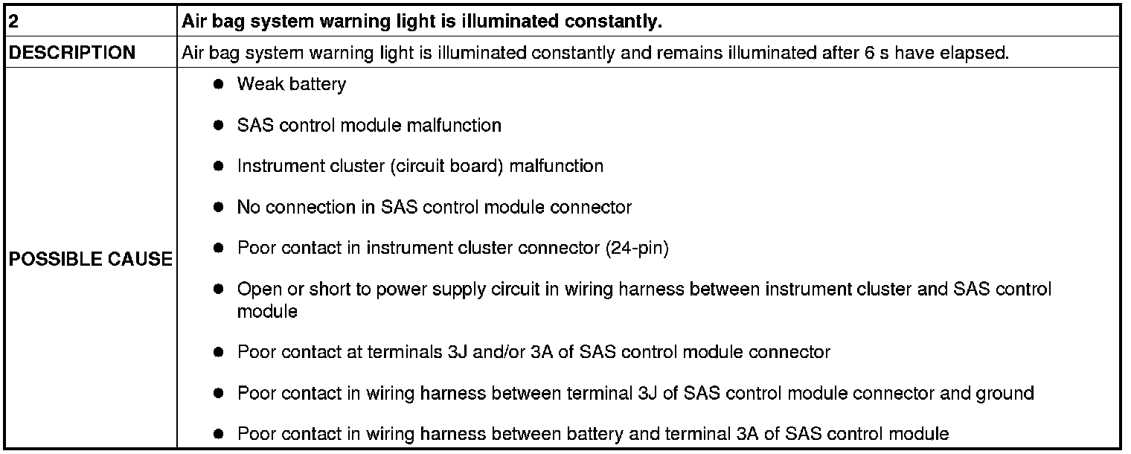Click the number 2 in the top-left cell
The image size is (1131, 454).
(x=13, y=22)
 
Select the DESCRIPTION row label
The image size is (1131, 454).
(x=72, y=53)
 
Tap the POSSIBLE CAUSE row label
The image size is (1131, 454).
(x=90, y=259)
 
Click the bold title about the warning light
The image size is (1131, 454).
(x=422, y=22)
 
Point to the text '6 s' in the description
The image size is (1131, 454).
(x=879, y=54)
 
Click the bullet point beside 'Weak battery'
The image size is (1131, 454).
(x=219, y=85)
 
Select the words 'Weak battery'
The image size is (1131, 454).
(x=292, y=85)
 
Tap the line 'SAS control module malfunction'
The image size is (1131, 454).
(x=369, y=126)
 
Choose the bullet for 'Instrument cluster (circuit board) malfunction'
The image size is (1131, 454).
(x=219, y=167)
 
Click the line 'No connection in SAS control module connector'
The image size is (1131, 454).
(x=434, y=207)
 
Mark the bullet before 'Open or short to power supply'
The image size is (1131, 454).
(x=219, y=289)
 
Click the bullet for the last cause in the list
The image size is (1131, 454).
(x=219, y=434)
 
